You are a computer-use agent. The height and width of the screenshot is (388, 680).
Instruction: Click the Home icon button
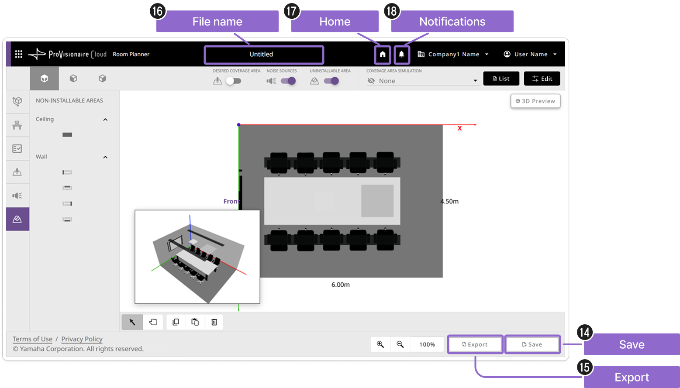point(383,54)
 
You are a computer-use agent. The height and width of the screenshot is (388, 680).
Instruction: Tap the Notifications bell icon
point(402,54)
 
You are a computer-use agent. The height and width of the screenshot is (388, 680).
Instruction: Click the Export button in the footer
point(475,344)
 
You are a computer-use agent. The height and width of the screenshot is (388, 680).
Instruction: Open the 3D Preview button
point(535,101)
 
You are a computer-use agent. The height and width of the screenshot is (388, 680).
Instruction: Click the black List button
point(501,79)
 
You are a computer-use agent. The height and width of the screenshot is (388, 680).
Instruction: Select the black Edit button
point(542,79)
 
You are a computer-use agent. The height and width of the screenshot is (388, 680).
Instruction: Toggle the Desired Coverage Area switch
point(234,81)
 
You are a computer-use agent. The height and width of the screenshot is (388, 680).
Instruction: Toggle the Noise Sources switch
point(288,81)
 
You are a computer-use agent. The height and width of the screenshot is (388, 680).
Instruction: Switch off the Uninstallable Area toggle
point(331,81)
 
